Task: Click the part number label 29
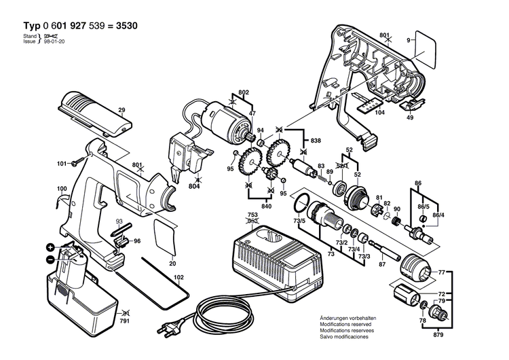click(x=121, y=110)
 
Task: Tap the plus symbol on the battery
click(x=50, y=247)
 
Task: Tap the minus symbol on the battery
click(x=50, y=259)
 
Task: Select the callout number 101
click(x=61, y=164)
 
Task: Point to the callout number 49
click(x=410, y=118)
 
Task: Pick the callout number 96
click(x=136, y=241)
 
